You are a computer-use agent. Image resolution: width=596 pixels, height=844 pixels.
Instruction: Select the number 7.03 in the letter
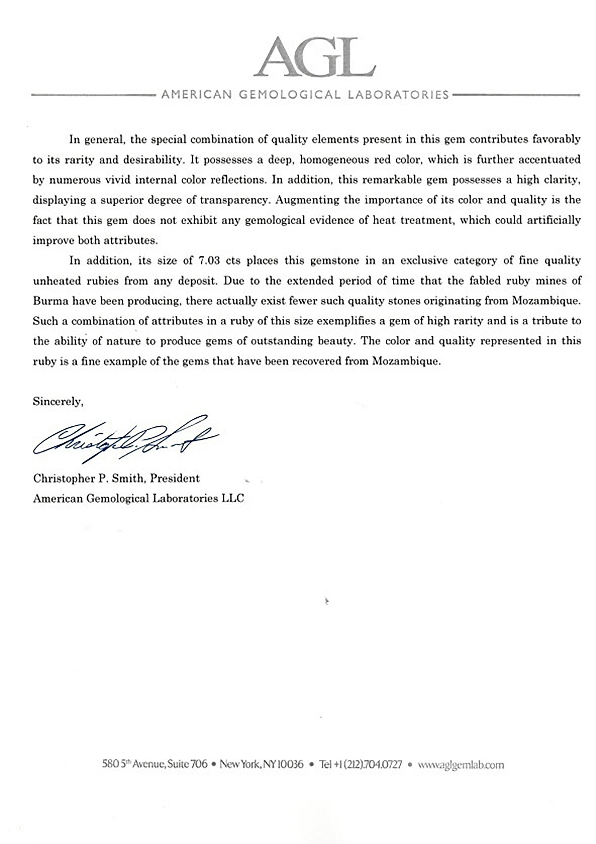(x=209, y=261)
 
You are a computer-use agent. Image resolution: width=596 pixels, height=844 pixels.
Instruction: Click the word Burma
(x=47, y=301)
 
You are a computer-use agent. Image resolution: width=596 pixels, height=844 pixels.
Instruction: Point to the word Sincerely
(x=58, y=402)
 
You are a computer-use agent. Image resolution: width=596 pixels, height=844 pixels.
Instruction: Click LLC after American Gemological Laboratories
(x=232, y=498)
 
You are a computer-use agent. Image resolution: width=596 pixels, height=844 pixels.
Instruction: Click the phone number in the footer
(x=361, y=765)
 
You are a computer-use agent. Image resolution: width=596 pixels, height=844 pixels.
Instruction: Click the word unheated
(x=57, y=281)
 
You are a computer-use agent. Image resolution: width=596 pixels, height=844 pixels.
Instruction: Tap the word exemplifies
(x=346, y=321)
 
